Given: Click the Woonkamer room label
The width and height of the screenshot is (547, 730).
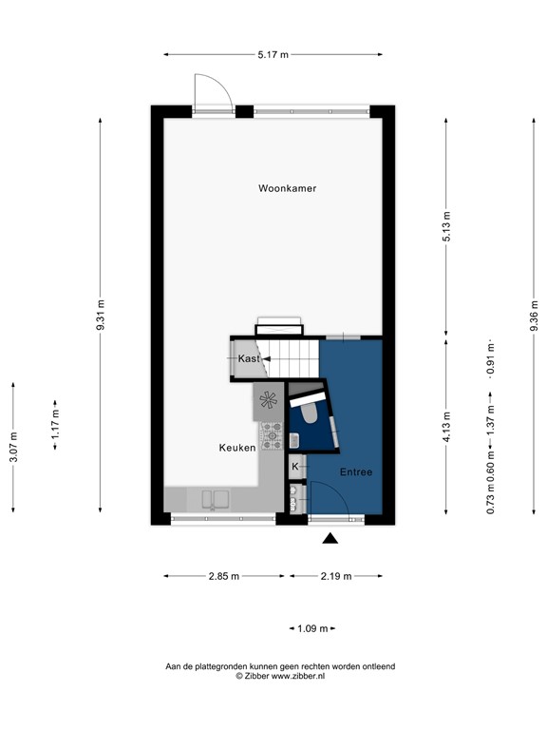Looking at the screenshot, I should pyautogui.click(x=287, y=188).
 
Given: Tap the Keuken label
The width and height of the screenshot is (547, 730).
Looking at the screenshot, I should pyautogui.click(x=236, y=448).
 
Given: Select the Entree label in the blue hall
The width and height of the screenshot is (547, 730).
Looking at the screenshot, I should pyautogui.click(x=356, y=472).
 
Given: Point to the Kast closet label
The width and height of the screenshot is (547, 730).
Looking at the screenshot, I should pyautogui.click(x=248, y=358).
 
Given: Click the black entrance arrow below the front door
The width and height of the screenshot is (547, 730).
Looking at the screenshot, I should pyautogui.click(x=330, y=539).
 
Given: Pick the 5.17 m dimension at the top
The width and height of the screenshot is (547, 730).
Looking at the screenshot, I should pyautogui.click(x=273, y=54).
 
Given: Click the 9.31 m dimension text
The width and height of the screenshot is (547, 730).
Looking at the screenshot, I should pyautogui.click(x=101, y=316).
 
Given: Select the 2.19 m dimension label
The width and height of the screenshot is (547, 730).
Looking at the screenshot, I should pyautogui.click(x=335, y=576).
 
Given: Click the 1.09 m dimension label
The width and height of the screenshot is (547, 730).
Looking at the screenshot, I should pyautogui.click(x=311, y=628).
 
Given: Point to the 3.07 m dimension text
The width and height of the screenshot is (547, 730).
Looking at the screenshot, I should pyautogui.click(x=12, y=447).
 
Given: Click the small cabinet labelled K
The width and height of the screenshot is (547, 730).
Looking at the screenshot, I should pyautogui.click(x=295, y=466).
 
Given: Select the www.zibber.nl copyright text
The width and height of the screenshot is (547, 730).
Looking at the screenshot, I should pyautogui.click(x=280, y=676).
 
